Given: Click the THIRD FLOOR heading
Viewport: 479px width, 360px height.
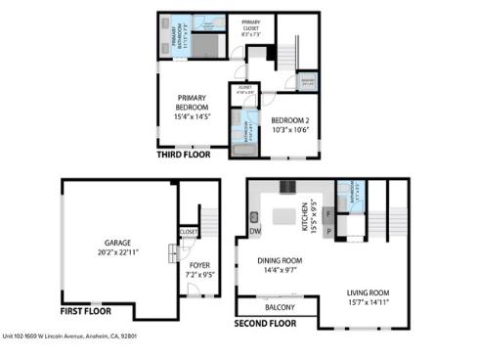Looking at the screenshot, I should coord(183,155).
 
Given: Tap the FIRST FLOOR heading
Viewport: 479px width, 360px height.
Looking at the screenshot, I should coord(84,312).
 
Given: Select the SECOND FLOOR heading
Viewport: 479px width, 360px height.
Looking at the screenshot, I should coord(265,322).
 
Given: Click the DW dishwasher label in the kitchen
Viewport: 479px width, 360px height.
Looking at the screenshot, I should coord(254,232).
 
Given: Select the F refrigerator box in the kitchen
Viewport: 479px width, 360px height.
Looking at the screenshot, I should coord(329,212).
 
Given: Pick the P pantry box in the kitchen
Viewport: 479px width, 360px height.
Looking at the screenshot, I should coord(329,231).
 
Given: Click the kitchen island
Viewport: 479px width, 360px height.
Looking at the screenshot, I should coord(284,215).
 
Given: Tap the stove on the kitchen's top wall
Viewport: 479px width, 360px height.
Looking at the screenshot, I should coord(286,186).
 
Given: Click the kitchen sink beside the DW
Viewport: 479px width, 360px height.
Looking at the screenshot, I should coord(253,217).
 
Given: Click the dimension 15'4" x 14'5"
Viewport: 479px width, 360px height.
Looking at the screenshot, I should coord(196,116).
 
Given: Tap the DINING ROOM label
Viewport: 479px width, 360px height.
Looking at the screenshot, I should coord(277,260).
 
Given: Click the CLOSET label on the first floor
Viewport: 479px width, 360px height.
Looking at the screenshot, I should coord(189,232).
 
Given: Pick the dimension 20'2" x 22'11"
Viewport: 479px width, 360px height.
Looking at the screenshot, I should coord(117,252).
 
